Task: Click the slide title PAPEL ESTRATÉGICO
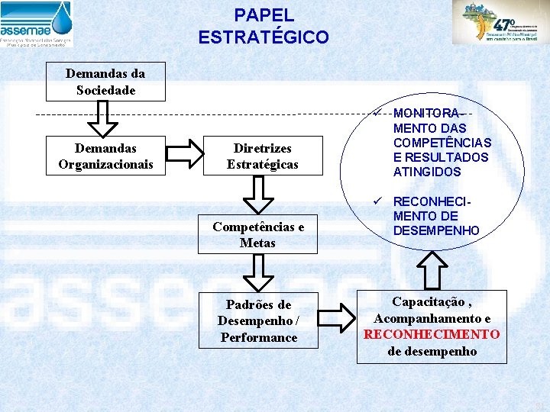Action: (x=264, y=26)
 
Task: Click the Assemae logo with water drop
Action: (x=37, y=24)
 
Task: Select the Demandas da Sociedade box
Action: (x=105, y=82)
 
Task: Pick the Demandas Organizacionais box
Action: (x=105, y=156)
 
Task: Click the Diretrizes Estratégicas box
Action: (x=262, y=156)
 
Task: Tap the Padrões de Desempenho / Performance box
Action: (x=258, y=320)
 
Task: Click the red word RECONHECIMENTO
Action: (x=432, y=334)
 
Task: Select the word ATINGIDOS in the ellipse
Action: (x=427, y=172)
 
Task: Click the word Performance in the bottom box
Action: (x=258, y=337)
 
